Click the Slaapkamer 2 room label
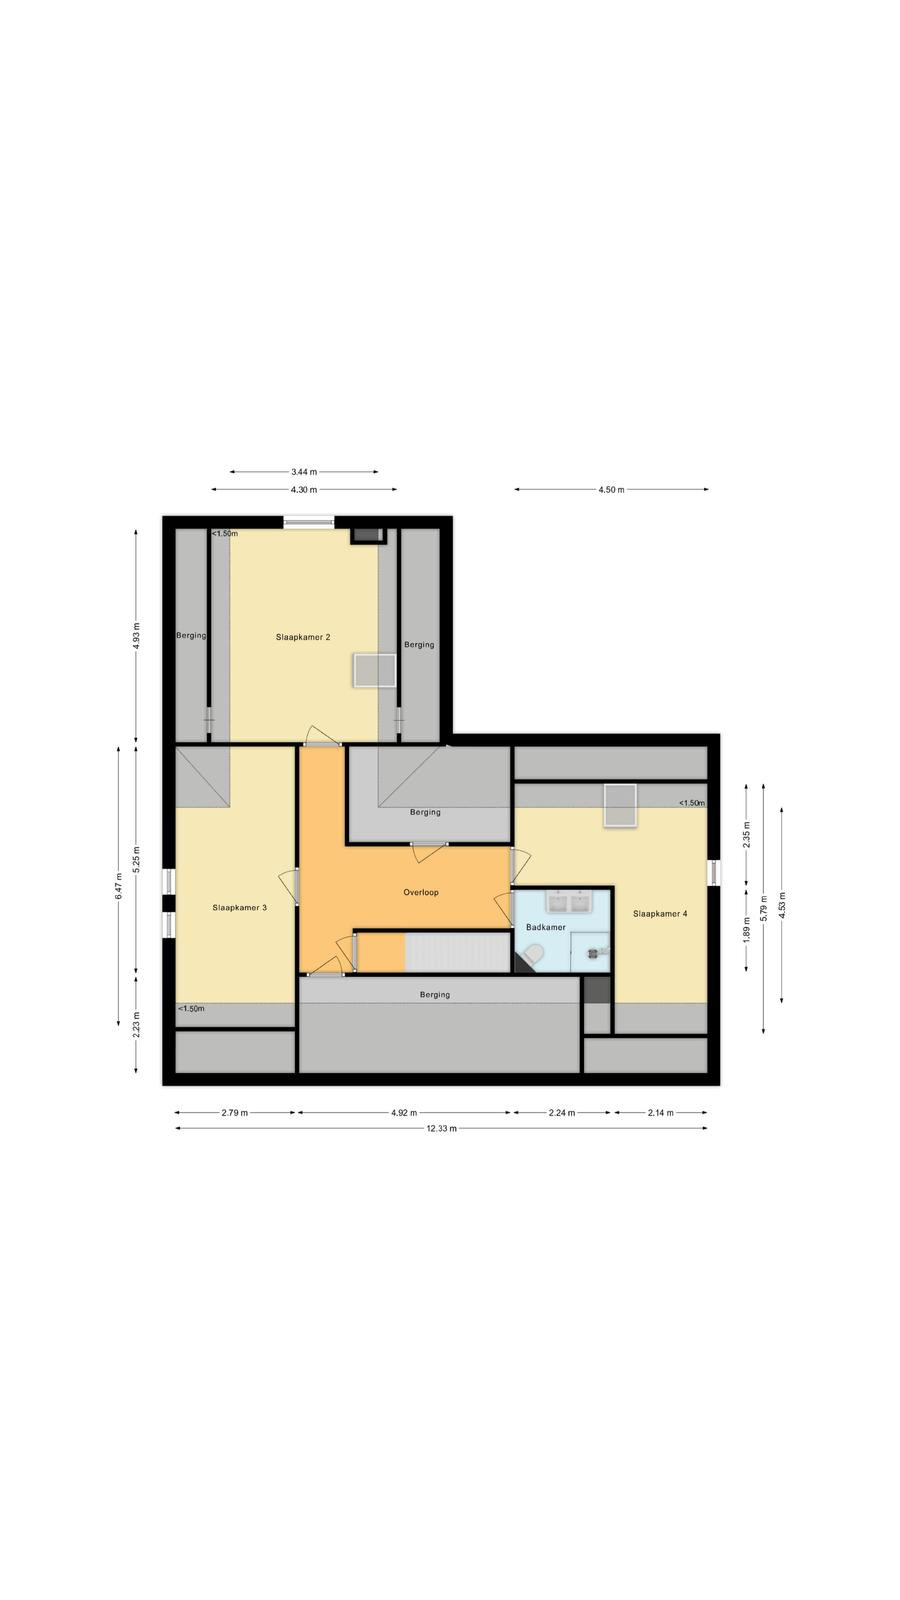tap(303, 637)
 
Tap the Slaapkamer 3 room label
tap(239, 908)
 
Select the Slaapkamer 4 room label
tap(660, 914)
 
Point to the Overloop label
tap(421, 892)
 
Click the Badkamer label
tap(546, 927)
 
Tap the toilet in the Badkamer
tap(533, 954)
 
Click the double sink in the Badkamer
tap(568, 902)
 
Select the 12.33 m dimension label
tap(441, 1129)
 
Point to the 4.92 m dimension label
tap(404, 1112)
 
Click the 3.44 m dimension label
tap(304, 471)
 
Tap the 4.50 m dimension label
tap(611, 489)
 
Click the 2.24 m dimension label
tap(561, 1112)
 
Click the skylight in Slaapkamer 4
tap(620, 806)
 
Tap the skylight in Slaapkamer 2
tap(374, 670)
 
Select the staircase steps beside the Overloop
tap(458, 953)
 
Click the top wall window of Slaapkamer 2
tap(309, 523)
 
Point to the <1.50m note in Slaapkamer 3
tap(191, 1009)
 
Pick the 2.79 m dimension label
tap(234, 1112)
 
